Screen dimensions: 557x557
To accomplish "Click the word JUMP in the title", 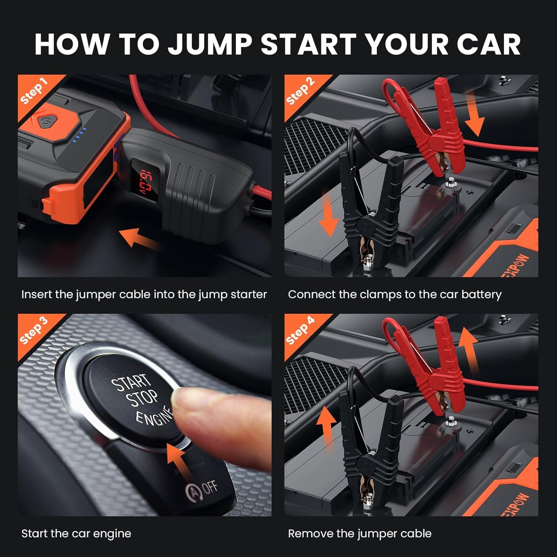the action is [x=210, y=44].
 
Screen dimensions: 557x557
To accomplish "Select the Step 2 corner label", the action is [x=300, y=91].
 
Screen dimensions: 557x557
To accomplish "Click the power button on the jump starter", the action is [x=44, y=121].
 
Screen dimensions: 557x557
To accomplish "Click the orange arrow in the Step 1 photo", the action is [x=139, y=237].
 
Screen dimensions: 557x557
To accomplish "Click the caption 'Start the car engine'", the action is [x=76, y=533].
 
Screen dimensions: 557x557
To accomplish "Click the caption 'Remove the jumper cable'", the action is [x=360, y=533].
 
